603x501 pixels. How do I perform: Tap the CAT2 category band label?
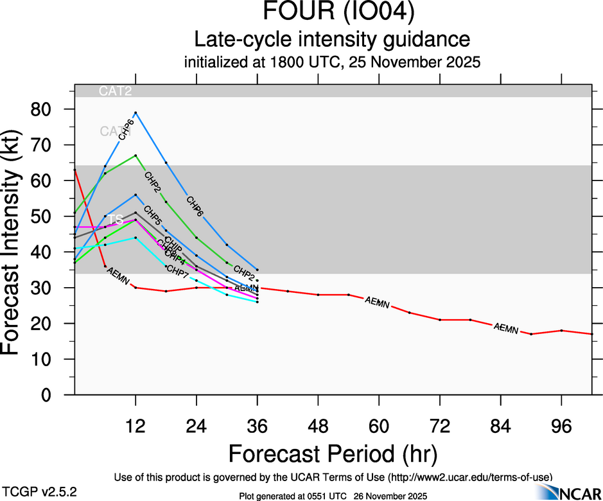pos(116,91)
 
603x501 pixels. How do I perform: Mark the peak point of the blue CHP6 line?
pos(135,112)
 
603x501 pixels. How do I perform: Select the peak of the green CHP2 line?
pos(135,155)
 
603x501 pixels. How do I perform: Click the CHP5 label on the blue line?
pos(153,213)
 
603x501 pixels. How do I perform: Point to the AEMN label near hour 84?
pos(506,328)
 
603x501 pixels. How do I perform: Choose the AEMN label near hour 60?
pos(377,302)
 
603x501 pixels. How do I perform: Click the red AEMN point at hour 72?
pos(440,320)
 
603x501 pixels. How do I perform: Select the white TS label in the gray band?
pos(115,220)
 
